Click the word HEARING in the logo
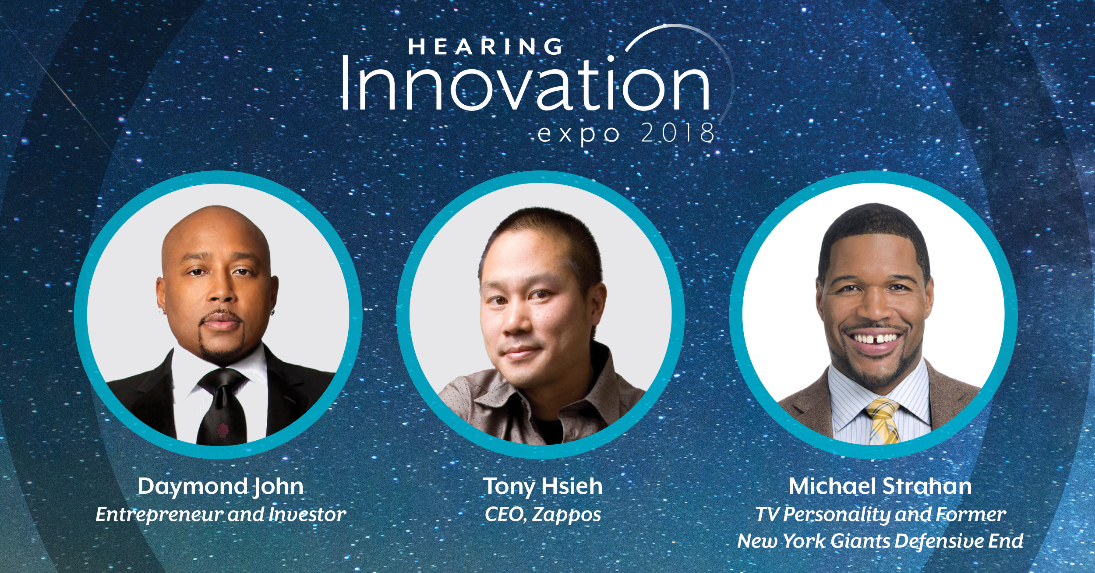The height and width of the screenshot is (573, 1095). point(485,46)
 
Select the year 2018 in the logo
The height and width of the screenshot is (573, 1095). point(677,133)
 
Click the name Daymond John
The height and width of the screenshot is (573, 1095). point(220,487)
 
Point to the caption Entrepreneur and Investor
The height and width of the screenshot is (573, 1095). point(221,514)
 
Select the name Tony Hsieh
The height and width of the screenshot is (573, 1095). point(543,487)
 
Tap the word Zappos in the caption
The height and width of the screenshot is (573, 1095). point(567,515)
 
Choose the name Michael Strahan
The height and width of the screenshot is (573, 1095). point(880,486)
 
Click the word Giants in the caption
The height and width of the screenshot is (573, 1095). point(860,541)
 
